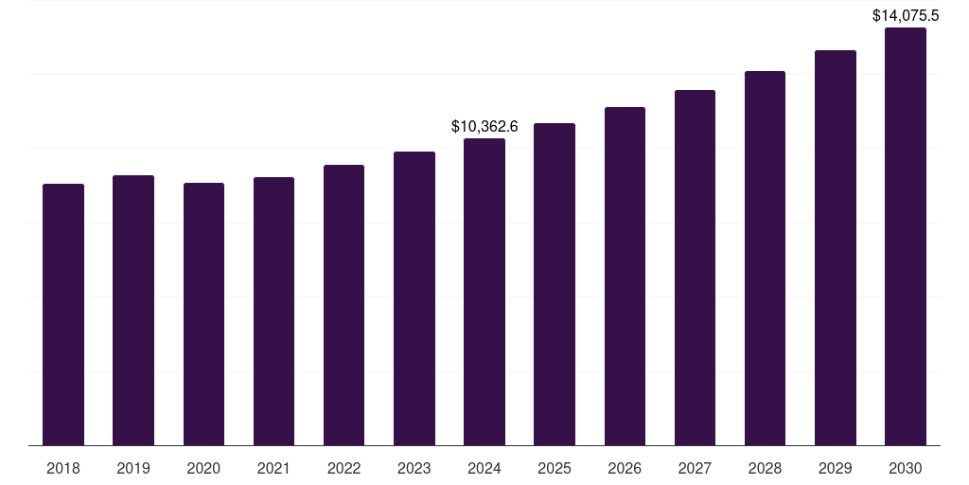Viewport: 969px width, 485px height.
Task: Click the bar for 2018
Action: point(63,314)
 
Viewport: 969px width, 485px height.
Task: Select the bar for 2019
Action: point(133,311)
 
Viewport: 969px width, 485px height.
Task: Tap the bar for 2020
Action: point(203,314)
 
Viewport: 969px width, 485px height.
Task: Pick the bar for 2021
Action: point(273,312)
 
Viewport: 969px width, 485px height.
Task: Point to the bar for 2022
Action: point(344,305)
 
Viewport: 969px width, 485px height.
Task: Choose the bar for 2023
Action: point(414,298)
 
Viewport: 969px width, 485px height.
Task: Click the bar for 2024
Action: point(484,292)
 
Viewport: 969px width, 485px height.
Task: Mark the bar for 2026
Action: point(625,277)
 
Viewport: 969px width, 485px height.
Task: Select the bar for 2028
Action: point(765,259)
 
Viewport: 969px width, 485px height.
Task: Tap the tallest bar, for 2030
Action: point(906,237)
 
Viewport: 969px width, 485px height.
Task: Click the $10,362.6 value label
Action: point(484,126)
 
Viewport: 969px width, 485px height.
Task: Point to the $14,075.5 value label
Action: point(906,15)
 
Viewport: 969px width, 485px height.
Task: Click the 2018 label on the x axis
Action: point(63,468)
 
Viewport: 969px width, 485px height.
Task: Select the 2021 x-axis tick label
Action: point(273,468)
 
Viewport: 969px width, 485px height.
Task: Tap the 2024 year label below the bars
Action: point(484,468)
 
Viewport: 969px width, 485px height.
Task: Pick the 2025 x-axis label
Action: point(555,468)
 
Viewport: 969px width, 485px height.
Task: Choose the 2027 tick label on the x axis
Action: point(695,468)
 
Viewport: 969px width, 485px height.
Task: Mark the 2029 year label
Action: point(835,468)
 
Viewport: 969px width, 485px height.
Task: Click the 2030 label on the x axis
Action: point(906,468)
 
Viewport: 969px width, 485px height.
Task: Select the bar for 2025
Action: point(555,284)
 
